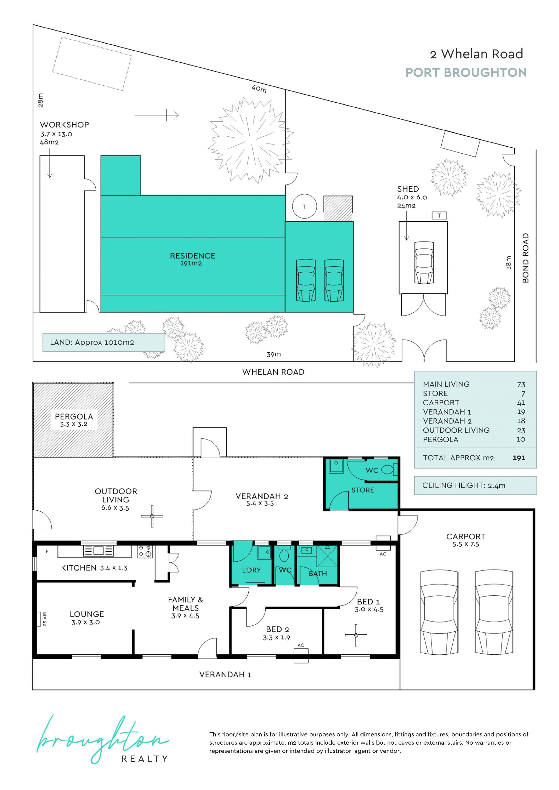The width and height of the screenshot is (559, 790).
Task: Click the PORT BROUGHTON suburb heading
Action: point(466,73)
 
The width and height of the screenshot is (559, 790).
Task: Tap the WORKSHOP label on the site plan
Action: point(64,125)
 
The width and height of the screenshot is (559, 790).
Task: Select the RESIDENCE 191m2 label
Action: point(192,259)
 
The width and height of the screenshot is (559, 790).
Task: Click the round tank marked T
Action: point(304,206)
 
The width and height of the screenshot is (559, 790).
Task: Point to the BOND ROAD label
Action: point(525,258)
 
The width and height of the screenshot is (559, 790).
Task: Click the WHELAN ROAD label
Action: point(273,372)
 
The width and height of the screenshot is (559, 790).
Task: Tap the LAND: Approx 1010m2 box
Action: point(104,342)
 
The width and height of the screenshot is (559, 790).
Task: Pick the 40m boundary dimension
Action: point(259,89)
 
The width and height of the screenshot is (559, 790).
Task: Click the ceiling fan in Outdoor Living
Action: point(152,516)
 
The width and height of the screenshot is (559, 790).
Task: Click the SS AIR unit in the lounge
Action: point(39,619)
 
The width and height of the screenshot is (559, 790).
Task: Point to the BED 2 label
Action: point(277,629)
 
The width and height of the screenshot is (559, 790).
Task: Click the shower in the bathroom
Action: point(327,556)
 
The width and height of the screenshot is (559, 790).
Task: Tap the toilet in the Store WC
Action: point(389,470)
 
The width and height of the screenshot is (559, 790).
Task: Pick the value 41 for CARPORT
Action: point(521,403)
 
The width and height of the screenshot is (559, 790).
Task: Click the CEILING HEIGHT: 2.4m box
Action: point(475,485)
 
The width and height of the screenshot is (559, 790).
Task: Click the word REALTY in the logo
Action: point(145,759)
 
